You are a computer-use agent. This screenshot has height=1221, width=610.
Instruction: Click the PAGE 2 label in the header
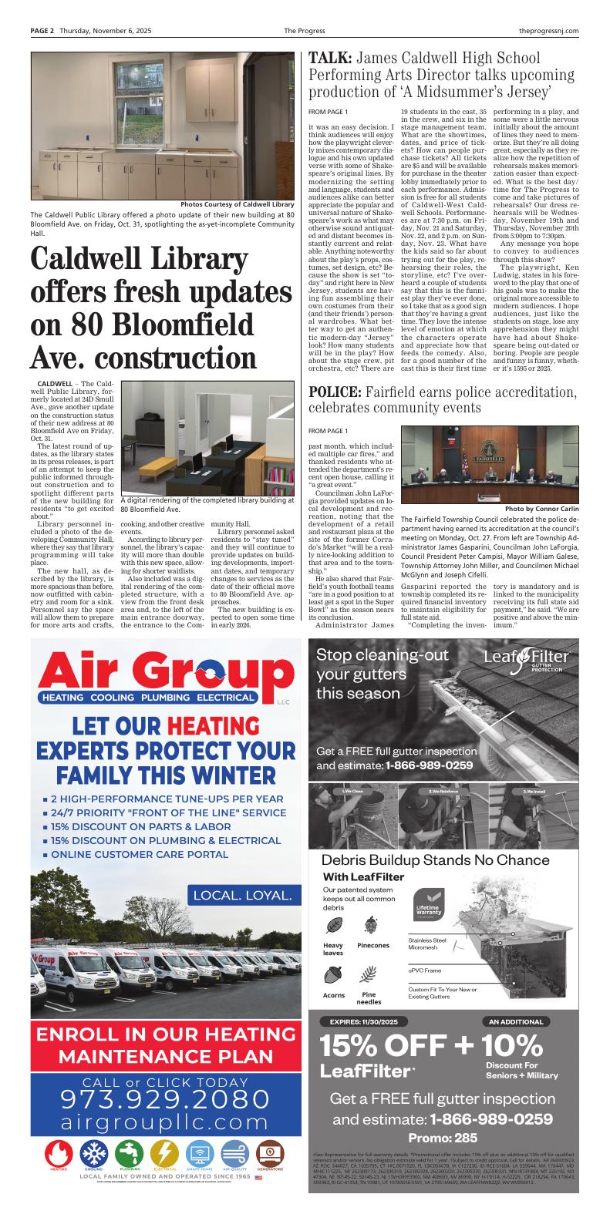42,31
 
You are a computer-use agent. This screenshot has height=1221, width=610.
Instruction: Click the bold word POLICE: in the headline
335,392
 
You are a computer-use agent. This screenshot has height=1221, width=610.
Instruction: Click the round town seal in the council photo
490,449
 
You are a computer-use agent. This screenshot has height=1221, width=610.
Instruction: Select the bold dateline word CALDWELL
55,383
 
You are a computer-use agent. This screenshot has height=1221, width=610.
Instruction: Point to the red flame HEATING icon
59,1153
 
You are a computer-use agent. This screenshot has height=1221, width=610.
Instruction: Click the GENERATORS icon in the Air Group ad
270,1153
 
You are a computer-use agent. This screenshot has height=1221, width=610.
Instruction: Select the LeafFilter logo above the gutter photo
527,658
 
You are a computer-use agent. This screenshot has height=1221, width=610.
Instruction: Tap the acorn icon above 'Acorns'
334,974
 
